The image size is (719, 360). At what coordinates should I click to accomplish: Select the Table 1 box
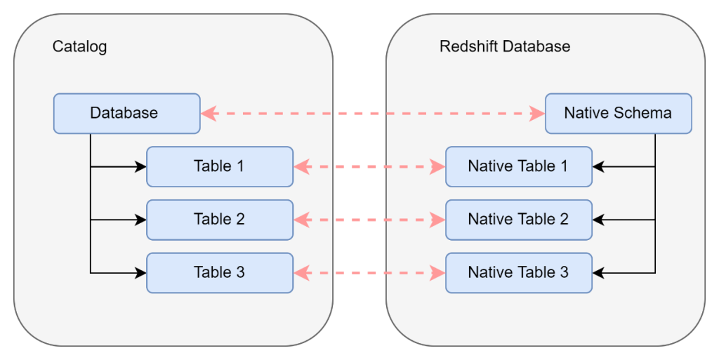tap(219, 166)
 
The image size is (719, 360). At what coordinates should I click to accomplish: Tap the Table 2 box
tap(219, 220)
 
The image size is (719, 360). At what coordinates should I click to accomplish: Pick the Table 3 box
tap(219, 272)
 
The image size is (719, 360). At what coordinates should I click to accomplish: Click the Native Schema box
tap(618, 113)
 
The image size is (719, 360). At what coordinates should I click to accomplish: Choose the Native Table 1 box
tap(518, 166)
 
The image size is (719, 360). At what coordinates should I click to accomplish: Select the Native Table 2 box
tap(518, 220)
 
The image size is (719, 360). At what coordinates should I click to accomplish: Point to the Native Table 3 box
tap(518, 272)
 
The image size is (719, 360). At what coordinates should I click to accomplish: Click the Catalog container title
tap(79, 47)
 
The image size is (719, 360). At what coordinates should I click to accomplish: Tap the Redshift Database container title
tap(504, 47)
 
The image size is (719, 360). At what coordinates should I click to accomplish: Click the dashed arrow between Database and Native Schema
tap(372, 113)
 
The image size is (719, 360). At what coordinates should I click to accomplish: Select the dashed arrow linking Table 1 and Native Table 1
tap(369, 167)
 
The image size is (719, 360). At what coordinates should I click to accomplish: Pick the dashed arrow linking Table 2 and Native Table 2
tap(369, 220)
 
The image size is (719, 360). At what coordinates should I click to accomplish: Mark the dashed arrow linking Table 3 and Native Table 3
tap(369, 272)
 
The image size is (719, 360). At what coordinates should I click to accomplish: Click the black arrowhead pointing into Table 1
tap(141, 166)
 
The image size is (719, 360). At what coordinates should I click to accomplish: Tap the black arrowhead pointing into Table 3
tap(141, 272)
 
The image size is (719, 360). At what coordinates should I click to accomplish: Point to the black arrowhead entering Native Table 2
tap(598, 220)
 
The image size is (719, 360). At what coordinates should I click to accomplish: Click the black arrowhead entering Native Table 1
tap(598, 166)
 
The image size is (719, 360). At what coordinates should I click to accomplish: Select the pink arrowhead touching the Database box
tap(208, 113)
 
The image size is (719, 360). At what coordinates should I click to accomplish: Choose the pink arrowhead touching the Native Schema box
tap(537, 113)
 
